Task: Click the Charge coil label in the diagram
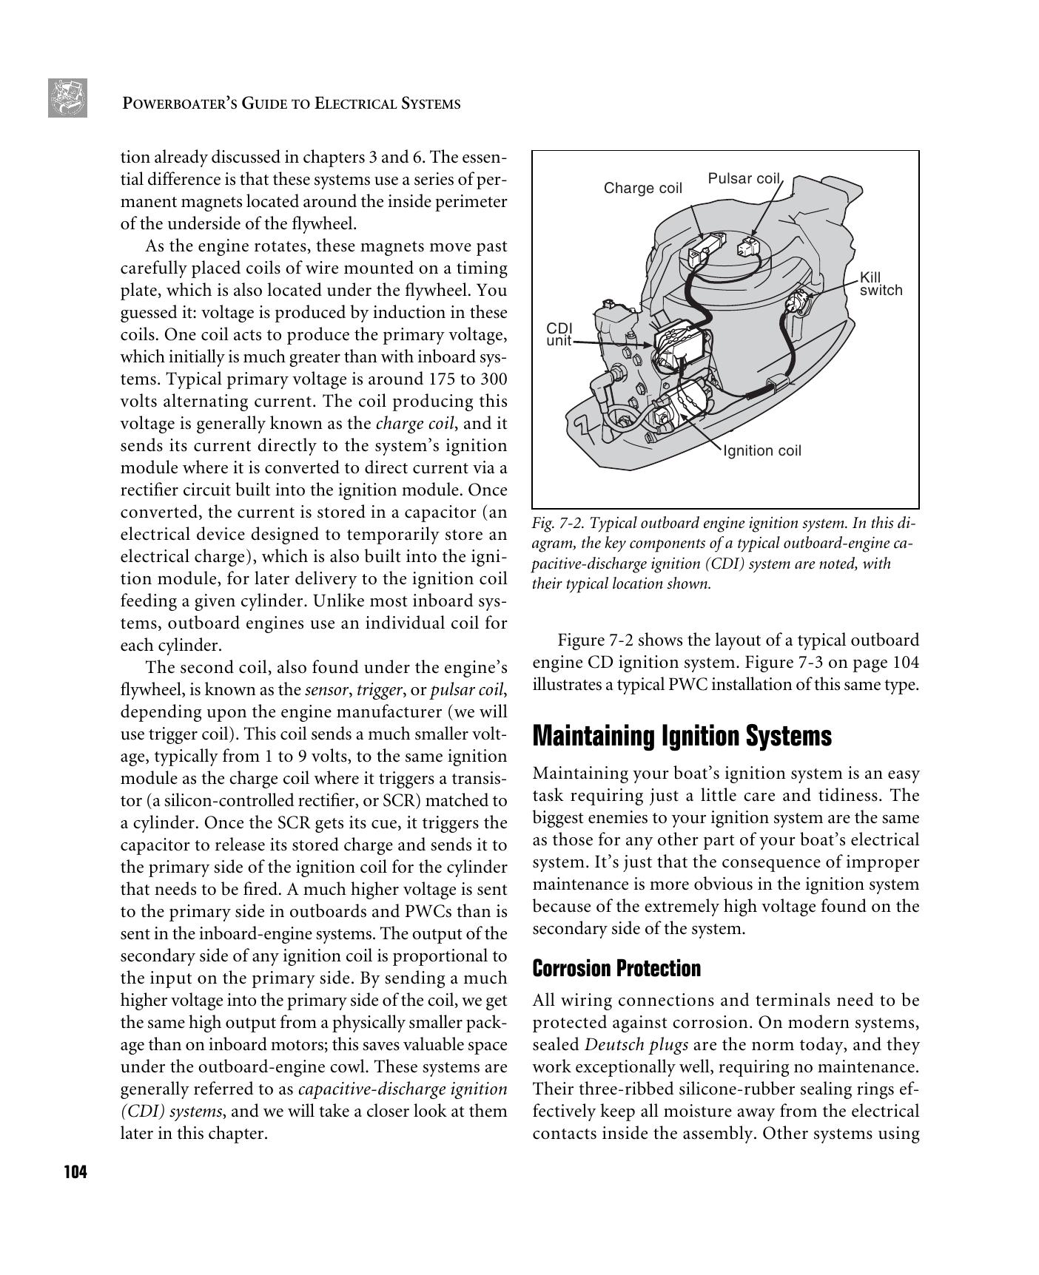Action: click(642, 188)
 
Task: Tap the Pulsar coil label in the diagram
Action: click(743, 178)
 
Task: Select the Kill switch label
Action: click(881, 284)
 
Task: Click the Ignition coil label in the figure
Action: click(761, 450)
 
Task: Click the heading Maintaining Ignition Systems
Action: click(682, 736)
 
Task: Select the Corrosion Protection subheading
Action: click(616, 968)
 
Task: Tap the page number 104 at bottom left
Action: click(75, 1172)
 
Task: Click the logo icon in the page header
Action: click(67, 98)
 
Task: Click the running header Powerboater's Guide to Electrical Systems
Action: click(291, 104)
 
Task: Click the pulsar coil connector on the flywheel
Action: click(749, 248)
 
